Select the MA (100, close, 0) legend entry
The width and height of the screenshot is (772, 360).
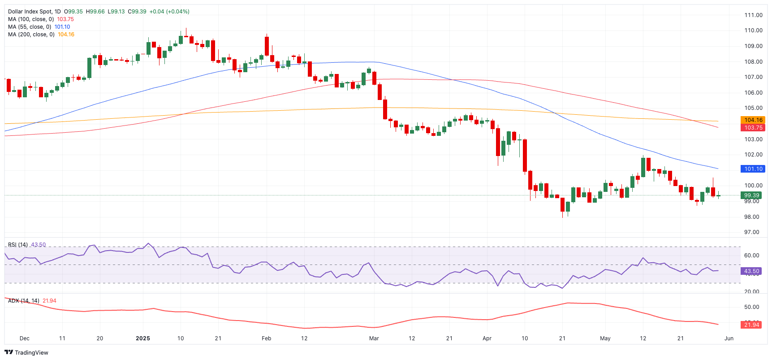tap(31, 19)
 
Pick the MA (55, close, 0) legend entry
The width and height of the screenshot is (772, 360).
tap(29, 27)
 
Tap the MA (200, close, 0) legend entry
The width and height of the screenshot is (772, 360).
tap(31, 35)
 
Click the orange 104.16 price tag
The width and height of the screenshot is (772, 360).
tap(753, 120)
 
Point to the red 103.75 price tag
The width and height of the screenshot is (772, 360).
tap(753, 128)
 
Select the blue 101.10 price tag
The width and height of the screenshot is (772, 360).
tap(753, 169)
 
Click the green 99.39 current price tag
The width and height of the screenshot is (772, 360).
tap(751, 195)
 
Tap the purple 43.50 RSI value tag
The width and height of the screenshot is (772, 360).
tap(751, 271)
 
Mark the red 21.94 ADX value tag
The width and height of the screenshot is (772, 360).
tap(751, 325)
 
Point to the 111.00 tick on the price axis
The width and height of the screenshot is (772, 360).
tap(753, 15)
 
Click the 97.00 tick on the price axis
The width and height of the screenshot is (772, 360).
tap(751, 232)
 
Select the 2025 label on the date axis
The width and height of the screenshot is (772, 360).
tap(143, 338)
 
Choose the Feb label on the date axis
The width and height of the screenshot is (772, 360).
tap(266, 338)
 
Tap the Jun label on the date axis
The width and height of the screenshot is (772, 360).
tap(729, 338)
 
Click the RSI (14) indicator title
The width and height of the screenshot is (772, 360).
tap(18, 245)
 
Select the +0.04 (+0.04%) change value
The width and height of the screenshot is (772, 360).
tap(169, 12)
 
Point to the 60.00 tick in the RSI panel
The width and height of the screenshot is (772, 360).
tap(751, 256)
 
